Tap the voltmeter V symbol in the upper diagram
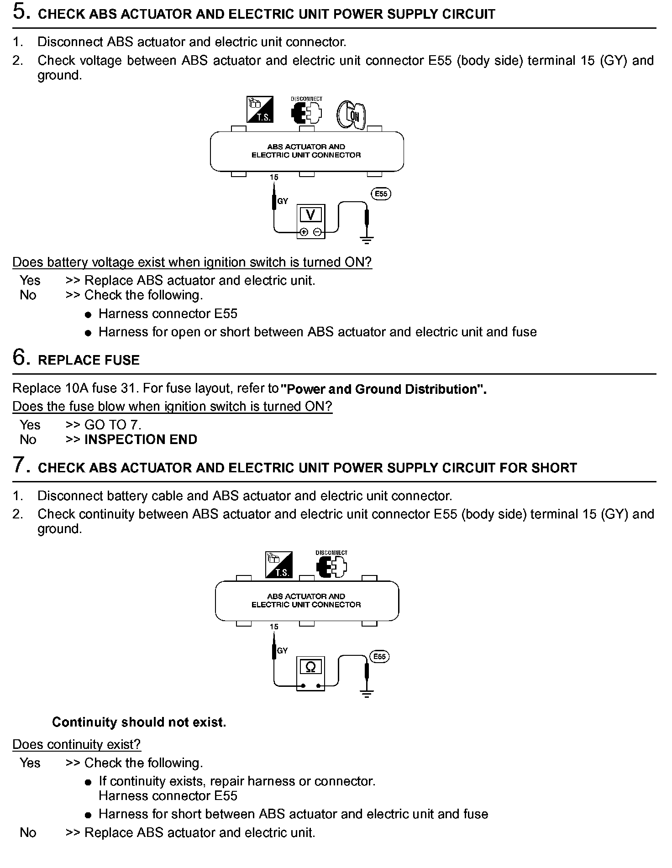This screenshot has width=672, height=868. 310,214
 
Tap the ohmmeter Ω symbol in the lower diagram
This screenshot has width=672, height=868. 310,667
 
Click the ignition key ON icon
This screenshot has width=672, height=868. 352,114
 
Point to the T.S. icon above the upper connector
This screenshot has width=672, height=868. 260,109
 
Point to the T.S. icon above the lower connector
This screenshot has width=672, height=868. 278,565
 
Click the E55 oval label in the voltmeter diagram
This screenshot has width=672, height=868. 381,194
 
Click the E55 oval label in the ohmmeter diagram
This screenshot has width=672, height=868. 379,657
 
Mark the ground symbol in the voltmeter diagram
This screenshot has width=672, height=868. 367,239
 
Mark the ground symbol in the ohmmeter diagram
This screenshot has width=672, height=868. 367,694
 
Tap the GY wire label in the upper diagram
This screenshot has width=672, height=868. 283,201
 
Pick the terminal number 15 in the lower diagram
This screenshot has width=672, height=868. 274,627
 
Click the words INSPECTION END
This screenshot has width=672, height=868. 141,439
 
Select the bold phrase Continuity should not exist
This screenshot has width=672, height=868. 139,722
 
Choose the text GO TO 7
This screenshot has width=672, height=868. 113,425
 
